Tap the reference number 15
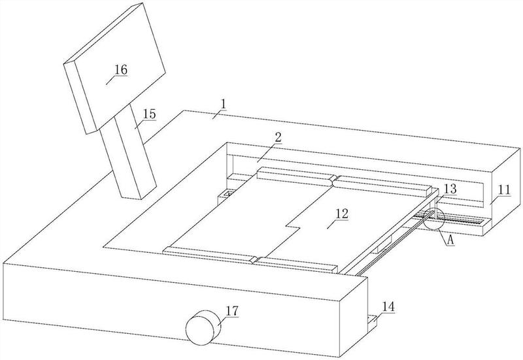pyautogui.click(x=149, y=114)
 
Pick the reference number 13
pyautogui.click(x=450, y=189)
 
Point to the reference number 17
pyautogui.click(x=231, y=311)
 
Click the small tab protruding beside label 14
pyautogui.click(x=373, y=319)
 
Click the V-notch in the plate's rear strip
pyautogui.click(x=334, y=180)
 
